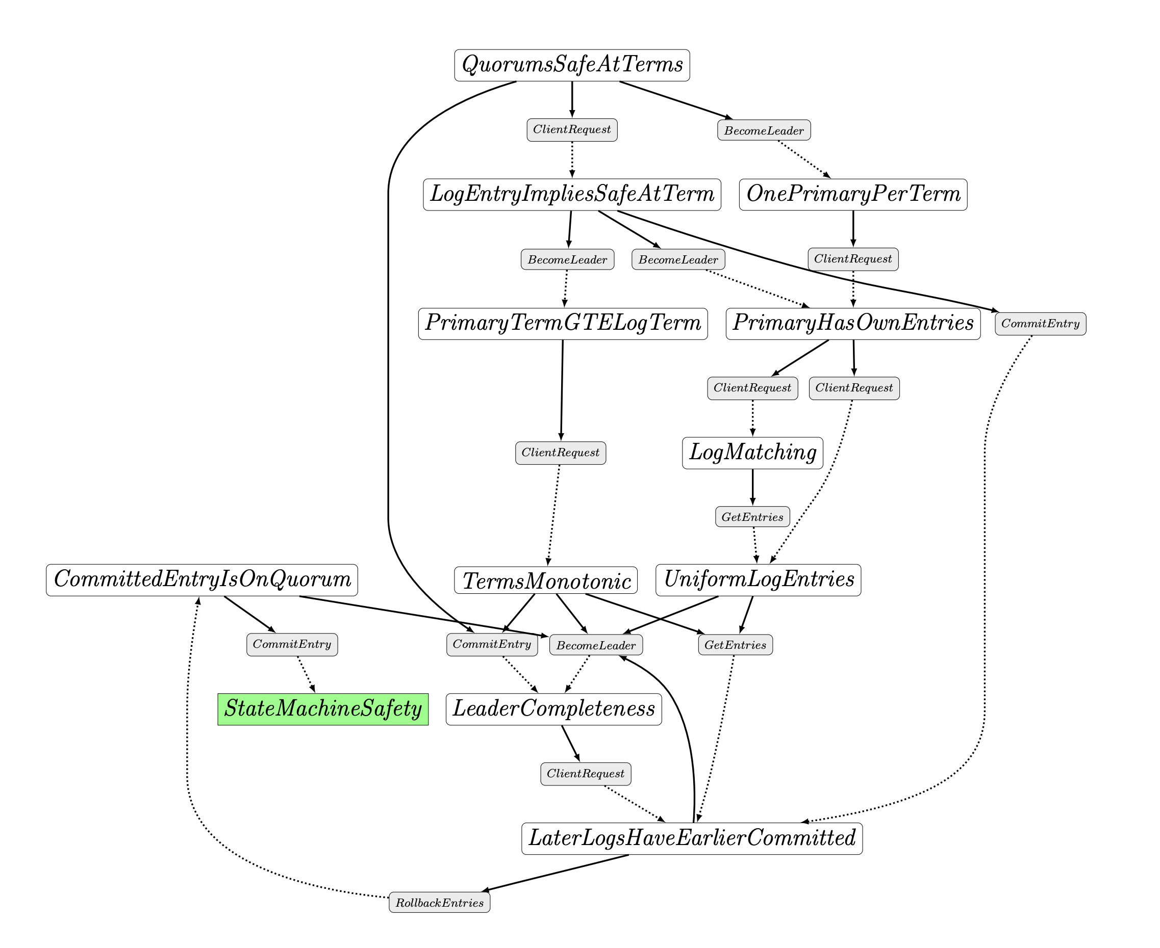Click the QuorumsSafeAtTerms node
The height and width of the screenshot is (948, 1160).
571,65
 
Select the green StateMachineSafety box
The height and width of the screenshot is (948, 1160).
322,709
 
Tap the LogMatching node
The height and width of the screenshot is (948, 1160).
752,453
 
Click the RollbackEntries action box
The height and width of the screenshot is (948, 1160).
439,903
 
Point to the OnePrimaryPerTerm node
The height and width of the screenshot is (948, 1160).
852,194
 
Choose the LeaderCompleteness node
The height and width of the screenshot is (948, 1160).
553,709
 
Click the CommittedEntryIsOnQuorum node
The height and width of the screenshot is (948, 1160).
201,580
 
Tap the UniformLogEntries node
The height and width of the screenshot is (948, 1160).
758,580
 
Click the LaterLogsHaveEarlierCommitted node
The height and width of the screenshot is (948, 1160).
691,838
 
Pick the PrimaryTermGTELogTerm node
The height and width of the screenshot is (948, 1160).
562,323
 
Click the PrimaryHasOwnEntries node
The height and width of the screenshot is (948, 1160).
852,323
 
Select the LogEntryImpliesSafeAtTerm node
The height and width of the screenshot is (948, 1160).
571,194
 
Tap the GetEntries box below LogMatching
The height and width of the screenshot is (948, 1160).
752,517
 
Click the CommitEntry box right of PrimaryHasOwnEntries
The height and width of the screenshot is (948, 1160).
1040,323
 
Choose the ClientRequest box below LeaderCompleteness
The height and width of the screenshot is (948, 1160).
585,774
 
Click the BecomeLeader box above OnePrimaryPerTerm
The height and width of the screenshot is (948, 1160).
763,130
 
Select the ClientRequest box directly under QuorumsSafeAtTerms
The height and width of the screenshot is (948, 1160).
571,129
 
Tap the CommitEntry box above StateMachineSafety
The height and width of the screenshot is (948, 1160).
292,644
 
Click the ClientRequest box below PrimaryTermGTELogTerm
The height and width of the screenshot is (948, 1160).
560,453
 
